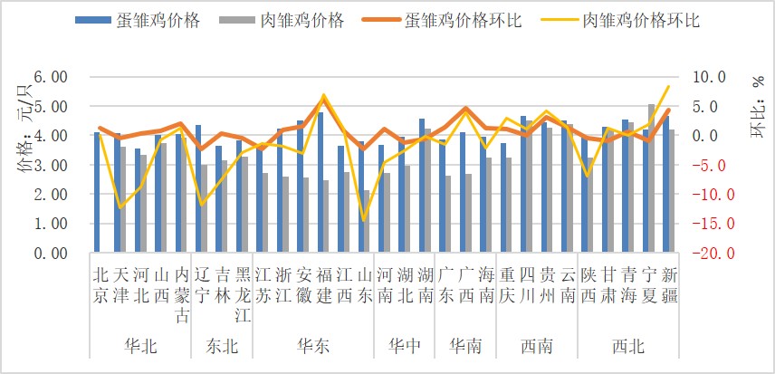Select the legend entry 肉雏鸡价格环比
point(639,20)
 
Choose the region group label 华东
point(312,346)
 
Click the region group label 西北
point(629,346)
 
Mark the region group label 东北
point(221,346)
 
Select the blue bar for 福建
point(321,182)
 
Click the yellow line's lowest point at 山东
point(365,220)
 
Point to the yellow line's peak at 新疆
point(668,87)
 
